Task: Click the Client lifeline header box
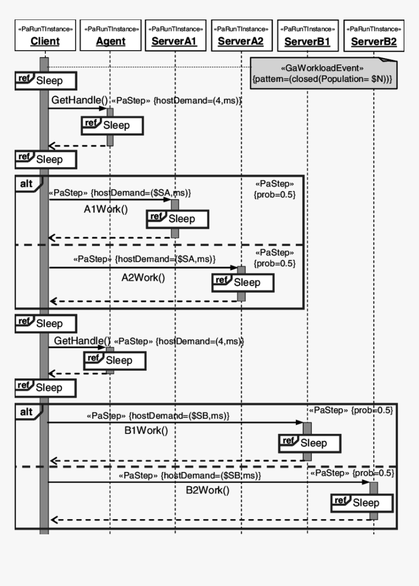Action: click(x=44, y=35)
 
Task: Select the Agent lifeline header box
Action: click(x=111, y=35)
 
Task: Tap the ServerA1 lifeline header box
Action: click(x=174, y=35)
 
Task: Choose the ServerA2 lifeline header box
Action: click(x=241, y=35)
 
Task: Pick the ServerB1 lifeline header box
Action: click(x=307, y=35)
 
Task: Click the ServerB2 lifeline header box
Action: click(x=374, y=35)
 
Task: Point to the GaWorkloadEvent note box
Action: click(x=323, y=73)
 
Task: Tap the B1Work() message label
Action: click(x=146, y=430)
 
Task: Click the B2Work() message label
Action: click(x=207, y=490)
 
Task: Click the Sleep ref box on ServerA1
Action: click(x=178, y=219)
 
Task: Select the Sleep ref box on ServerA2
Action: click(x=243, y=282)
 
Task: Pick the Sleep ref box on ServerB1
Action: click(x=309, y=443)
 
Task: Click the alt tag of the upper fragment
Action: click(x=26, y=184)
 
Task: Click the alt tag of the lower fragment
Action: click(x=26, y=412)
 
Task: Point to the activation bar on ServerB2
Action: click(x=374, y=501)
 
